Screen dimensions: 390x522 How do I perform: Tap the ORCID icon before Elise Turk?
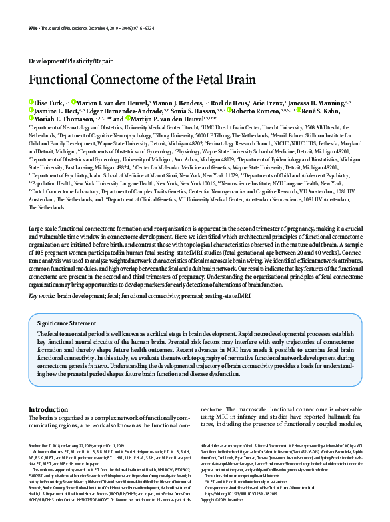(30, 101)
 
